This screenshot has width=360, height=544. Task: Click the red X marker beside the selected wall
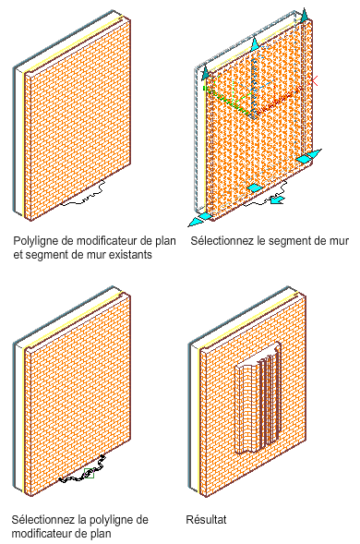point(314,81)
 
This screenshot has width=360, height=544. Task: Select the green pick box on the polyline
point(90,473)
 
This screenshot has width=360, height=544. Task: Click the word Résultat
point(206,519)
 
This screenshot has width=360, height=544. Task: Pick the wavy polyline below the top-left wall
point(83,194)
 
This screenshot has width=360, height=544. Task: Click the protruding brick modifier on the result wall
point(258,398)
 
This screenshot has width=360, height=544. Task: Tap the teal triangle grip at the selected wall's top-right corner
point(305,17)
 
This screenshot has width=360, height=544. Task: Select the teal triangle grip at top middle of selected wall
point(255,43)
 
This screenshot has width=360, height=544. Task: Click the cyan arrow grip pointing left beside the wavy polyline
point(277,199)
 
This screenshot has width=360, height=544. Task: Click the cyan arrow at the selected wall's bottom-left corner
point(198,221)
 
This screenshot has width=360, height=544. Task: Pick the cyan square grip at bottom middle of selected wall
point(255,188)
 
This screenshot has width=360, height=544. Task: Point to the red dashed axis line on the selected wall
point(280,101)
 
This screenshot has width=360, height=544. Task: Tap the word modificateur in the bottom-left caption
point(40,533)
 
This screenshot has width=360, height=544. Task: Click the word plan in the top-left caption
point(166,241)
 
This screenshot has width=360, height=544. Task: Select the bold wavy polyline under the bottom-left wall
point(82,469)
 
